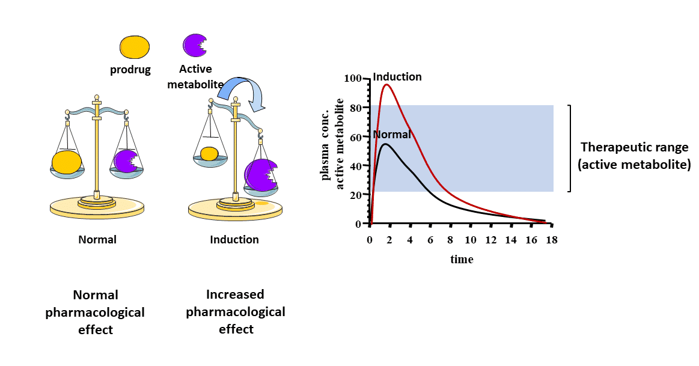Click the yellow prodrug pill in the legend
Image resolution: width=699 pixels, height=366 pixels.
click(x=135, y=47)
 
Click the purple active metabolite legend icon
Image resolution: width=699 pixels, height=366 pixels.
click(x=194, y=45)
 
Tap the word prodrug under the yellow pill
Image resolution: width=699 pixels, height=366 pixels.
click(x=130, y=70)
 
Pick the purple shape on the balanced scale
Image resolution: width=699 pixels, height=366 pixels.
click(x=126, y=161)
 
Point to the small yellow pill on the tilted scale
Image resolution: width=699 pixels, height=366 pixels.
click(x=209, y=154)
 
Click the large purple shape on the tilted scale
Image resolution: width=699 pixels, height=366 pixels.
click(x=261, y=175)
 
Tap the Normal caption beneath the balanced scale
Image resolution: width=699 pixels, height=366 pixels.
click(x=97, y=240)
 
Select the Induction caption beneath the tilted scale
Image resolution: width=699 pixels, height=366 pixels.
click(x=234, y=240)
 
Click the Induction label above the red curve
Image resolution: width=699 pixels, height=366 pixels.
click(x=397, y=77)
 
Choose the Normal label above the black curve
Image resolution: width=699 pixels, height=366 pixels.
click(x=392, y=135)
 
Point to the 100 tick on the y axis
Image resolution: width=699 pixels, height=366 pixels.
click(x=353, y=79)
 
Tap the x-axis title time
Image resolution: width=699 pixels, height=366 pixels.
click(x=462, y=260)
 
